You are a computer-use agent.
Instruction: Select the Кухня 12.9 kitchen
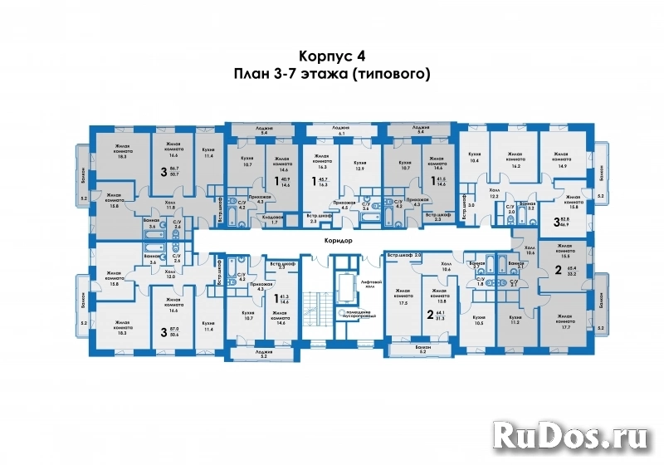(359, 166)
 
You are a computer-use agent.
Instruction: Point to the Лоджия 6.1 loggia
(341, 130)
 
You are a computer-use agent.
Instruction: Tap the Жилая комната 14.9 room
(556, 160)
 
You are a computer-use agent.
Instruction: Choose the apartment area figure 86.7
(174, 169)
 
